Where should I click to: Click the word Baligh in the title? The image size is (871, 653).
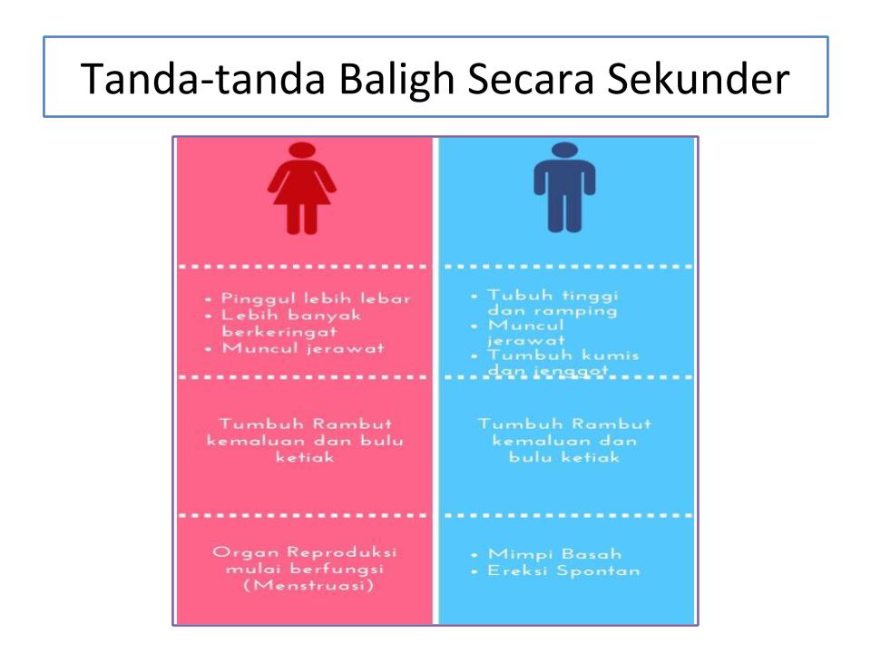pos(396,80)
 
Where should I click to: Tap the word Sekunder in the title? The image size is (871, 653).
pos(698,78)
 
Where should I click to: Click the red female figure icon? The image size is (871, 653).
pos(301,189)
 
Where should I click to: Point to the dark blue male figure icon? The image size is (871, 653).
pos(564,187)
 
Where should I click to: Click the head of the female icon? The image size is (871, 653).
pos(302,151)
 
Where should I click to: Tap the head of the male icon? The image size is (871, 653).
pos(565,151)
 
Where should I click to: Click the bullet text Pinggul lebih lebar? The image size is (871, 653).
pos(316,298)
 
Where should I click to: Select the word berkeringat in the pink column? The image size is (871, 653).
pos(279,332)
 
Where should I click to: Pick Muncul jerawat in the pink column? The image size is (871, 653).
pos(303,348)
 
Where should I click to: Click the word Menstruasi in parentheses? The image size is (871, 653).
pos(308,585)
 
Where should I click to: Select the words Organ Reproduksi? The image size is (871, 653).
pos(305,552)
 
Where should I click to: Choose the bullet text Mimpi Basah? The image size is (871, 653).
pos(554,553)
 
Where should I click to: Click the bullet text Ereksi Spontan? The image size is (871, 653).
pos(563,570)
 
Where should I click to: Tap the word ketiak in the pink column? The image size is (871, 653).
pos(305,457)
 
